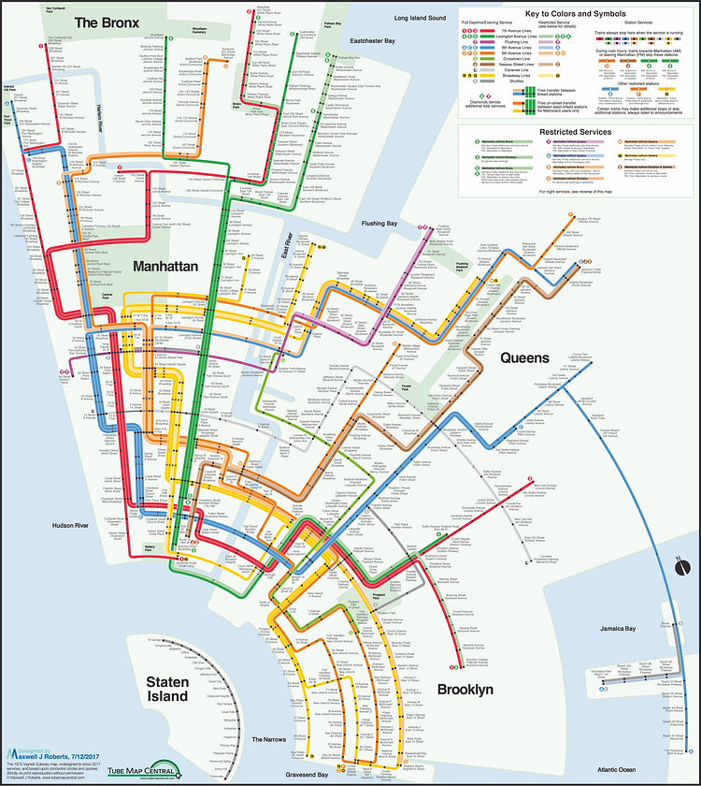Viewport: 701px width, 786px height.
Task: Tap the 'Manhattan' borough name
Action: [x=165, y=267]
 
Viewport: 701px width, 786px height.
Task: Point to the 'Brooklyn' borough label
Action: [x=465, y=690]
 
